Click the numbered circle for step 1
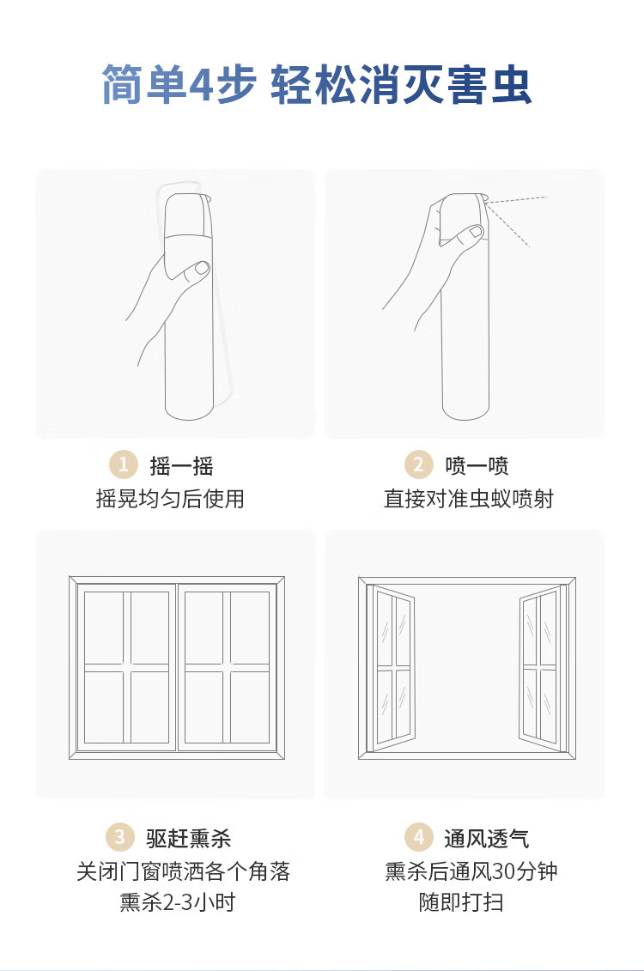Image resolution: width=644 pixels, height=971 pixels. click(124, 464)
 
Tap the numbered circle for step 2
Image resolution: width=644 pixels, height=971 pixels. click(419, 464)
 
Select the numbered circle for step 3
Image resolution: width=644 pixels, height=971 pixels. click(119, 837)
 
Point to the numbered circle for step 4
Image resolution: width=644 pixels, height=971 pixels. click(419, 837)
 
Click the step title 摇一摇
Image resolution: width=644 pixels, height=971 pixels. click(181, 465)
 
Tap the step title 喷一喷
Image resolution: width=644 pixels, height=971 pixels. click(477, 465)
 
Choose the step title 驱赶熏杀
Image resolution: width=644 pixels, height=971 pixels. click(189, 839)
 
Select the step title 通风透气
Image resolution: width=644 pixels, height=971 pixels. click(487, 839)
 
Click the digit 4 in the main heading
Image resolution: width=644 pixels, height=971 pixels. click(200, 84)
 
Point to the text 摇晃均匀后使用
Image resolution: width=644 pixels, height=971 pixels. click(170, 499)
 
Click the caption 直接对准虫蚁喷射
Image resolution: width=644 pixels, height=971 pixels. click(469, 499)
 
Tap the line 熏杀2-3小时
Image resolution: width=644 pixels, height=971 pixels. click(178, 902)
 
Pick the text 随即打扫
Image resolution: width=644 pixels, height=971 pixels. click(461, 902)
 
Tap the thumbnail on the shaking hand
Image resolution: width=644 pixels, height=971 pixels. click(202, 269)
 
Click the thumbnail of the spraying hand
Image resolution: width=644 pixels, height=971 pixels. click(476, 232)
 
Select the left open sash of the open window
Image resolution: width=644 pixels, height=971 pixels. click(392, 668)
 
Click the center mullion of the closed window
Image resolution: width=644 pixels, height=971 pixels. click(177, 668)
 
